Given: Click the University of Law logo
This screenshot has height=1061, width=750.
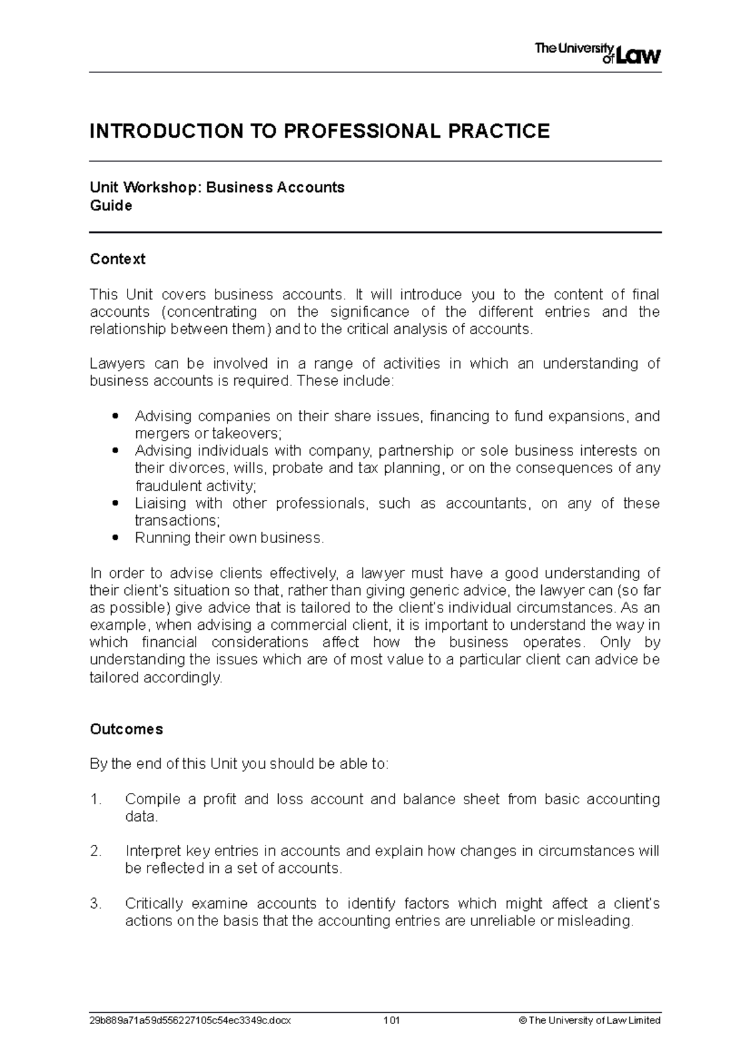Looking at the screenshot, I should [x=597, y=52].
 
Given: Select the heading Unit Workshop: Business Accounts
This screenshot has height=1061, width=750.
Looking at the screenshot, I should [x=217, y=187].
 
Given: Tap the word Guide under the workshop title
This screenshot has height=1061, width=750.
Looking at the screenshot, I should [x=111, y=206].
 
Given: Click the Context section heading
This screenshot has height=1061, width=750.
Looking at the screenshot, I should [x=117, y=259].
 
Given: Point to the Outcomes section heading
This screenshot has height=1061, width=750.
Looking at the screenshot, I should [x=126, y=729].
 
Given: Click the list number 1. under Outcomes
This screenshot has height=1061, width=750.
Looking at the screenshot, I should [x=95, y=799].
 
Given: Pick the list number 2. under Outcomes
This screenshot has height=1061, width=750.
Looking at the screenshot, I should [x=95, y=851].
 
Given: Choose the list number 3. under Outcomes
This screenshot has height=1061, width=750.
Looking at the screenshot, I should [x=95, y=904].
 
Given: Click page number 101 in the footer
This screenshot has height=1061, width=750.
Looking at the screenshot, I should [x=392, y=1020].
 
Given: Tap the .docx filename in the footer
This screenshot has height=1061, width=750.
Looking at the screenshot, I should [x=190, y=1020].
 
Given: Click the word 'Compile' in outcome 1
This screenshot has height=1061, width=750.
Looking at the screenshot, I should [x=152, y=799].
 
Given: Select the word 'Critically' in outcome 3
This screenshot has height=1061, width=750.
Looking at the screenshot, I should [x=154, y=904].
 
